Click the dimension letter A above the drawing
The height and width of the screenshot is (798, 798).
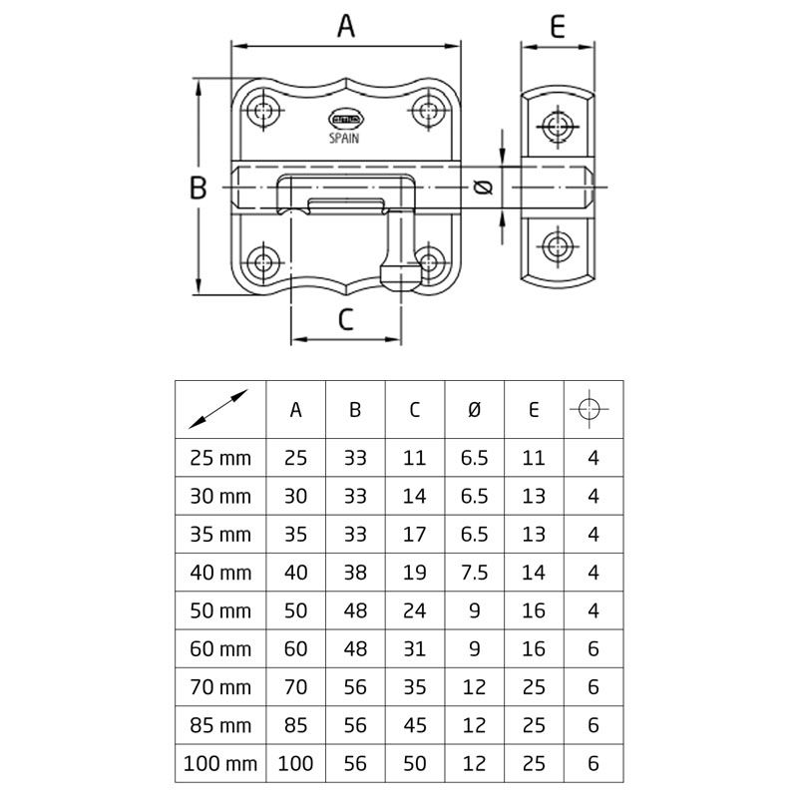tap(346, 26)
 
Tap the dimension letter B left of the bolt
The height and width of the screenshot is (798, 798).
tap(198, 187)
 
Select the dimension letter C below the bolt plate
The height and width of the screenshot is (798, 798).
tap(345, 319)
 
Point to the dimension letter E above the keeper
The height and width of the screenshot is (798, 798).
tap(558, 26)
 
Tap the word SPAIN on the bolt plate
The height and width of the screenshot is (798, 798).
tap(344, 140)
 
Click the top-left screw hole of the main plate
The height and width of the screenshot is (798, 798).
tap(264, 110)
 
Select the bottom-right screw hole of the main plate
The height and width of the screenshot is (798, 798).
tap(430, 263)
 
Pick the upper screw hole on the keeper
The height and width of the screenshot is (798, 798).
tap(557, 127)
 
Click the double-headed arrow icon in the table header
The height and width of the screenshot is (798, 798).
tap(220, 409)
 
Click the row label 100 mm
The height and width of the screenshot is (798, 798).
tap(220, 764)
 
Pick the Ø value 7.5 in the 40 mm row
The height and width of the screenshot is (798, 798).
tap(475, 573)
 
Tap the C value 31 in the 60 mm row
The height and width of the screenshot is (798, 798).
tap(415, 649)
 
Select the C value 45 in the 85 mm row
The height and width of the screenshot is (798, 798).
tap(415, 725)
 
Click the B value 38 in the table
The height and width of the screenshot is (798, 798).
tap(356, 573)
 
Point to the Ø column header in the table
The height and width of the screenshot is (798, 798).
tap(475, 409)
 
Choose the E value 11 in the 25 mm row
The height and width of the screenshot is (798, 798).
tap(534, 459)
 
